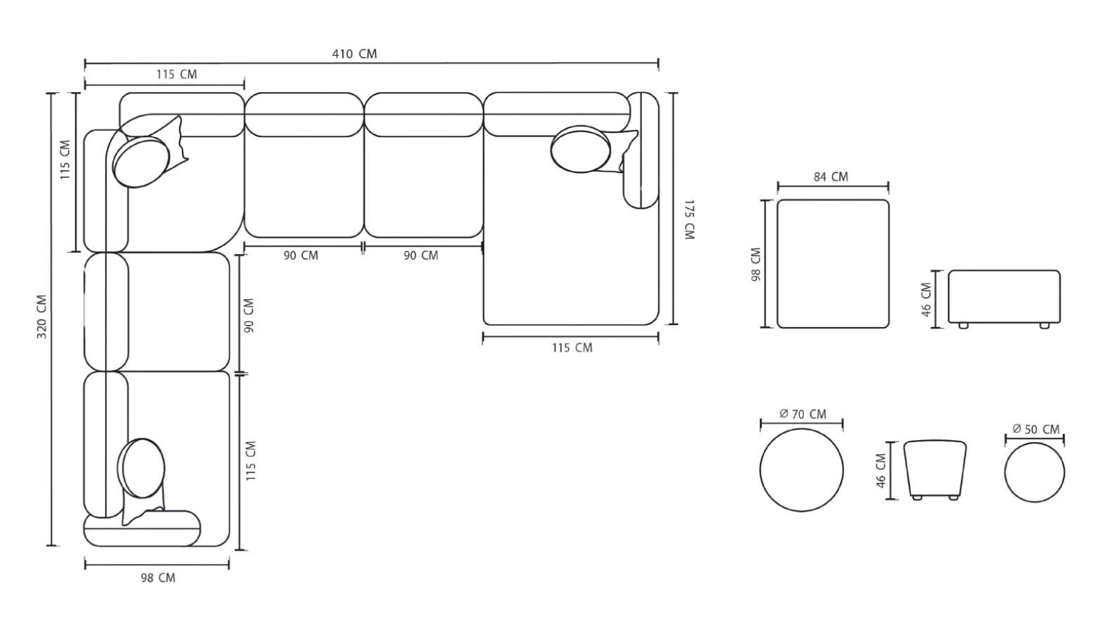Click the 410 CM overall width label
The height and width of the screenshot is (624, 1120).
click(355, 54)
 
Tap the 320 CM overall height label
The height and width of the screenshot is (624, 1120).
click(42, 317)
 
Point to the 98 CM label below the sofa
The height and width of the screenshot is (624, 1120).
click(158, 578)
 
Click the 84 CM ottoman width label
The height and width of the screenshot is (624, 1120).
click(831, 176)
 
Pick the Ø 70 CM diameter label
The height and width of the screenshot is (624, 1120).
click(802, 414)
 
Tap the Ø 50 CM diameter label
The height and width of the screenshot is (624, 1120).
click(1035, 429)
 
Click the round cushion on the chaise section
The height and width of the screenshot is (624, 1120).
click(581, 149)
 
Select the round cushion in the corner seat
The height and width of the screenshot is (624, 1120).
click(142, 162)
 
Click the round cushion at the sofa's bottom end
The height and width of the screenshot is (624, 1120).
click(141, 468)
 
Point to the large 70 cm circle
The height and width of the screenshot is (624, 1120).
click(802, 470)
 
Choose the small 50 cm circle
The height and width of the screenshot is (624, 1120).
click(1034, 472)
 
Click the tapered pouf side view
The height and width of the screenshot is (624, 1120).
click(935, 469)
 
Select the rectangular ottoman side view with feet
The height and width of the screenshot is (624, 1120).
click(1004, 297)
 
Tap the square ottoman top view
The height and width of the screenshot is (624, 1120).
click(833, 264)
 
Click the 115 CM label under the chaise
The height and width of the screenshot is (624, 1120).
click(572, 348)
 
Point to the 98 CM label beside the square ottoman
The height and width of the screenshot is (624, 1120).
click(756, 264)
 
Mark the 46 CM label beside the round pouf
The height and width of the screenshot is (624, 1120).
click(881, 471)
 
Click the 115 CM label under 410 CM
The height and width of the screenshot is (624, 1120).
click(176, 74)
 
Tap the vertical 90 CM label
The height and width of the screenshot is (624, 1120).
click(249, 315)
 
